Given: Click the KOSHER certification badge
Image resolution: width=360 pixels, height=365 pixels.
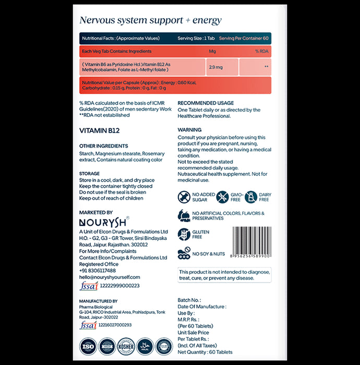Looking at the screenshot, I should click(x=128, y=347).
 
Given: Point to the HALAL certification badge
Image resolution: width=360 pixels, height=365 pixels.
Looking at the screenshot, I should click(x=148, y=347).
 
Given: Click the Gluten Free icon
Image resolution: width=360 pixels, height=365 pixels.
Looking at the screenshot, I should click(x=184, y=234).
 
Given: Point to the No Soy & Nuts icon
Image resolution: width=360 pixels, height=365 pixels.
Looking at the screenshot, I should click(x=184, y=253).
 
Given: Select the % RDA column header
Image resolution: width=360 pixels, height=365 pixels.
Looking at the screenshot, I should click(x=261, y=51).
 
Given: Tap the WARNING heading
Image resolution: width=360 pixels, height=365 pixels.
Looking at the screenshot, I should click(x=189, y=130).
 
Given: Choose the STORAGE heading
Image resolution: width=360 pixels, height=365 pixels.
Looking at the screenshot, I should click(x=89, y=173).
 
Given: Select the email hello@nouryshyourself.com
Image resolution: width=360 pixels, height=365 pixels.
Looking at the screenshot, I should click(x=111, y=277).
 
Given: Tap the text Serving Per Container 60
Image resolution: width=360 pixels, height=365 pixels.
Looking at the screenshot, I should click(x=244, y=39).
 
